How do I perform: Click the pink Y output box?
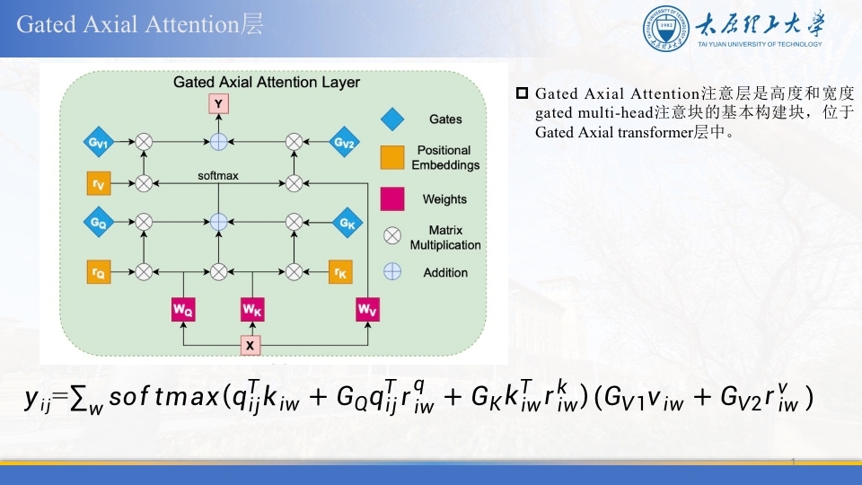[x=218, y=104]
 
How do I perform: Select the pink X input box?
[x=251, y=345]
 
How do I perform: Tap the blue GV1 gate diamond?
[x=99, y=143]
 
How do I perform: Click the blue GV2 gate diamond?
[x=344, y=143]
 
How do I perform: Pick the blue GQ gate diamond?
[x=99, y=222]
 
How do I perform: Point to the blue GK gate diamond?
[x=347, y=223]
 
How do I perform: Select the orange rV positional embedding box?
[x=99, y=183]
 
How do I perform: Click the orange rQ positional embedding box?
[x=99, y=271]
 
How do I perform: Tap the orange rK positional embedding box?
[x=340, y=271]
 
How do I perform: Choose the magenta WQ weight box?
[x=183, y=309]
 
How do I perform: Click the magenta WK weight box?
[x=252, y=309]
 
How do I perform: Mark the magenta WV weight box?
[x=367, y=309]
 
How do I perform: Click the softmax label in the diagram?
[x=218, y=175]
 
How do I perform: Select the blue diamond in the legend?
[x=392, y=119]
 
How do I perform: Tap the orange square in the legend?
[x=392, y=157]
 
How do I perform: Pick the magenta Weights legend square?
[x=392, y=199]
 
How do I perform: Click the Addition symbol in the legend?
[x=392, y=271]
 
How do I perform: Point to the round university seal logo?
[x=666, y=29]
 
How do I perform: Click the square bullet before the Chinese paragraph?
[x=522, y=93]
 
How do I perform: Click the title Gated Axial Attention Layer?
[x=266, y=82]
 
